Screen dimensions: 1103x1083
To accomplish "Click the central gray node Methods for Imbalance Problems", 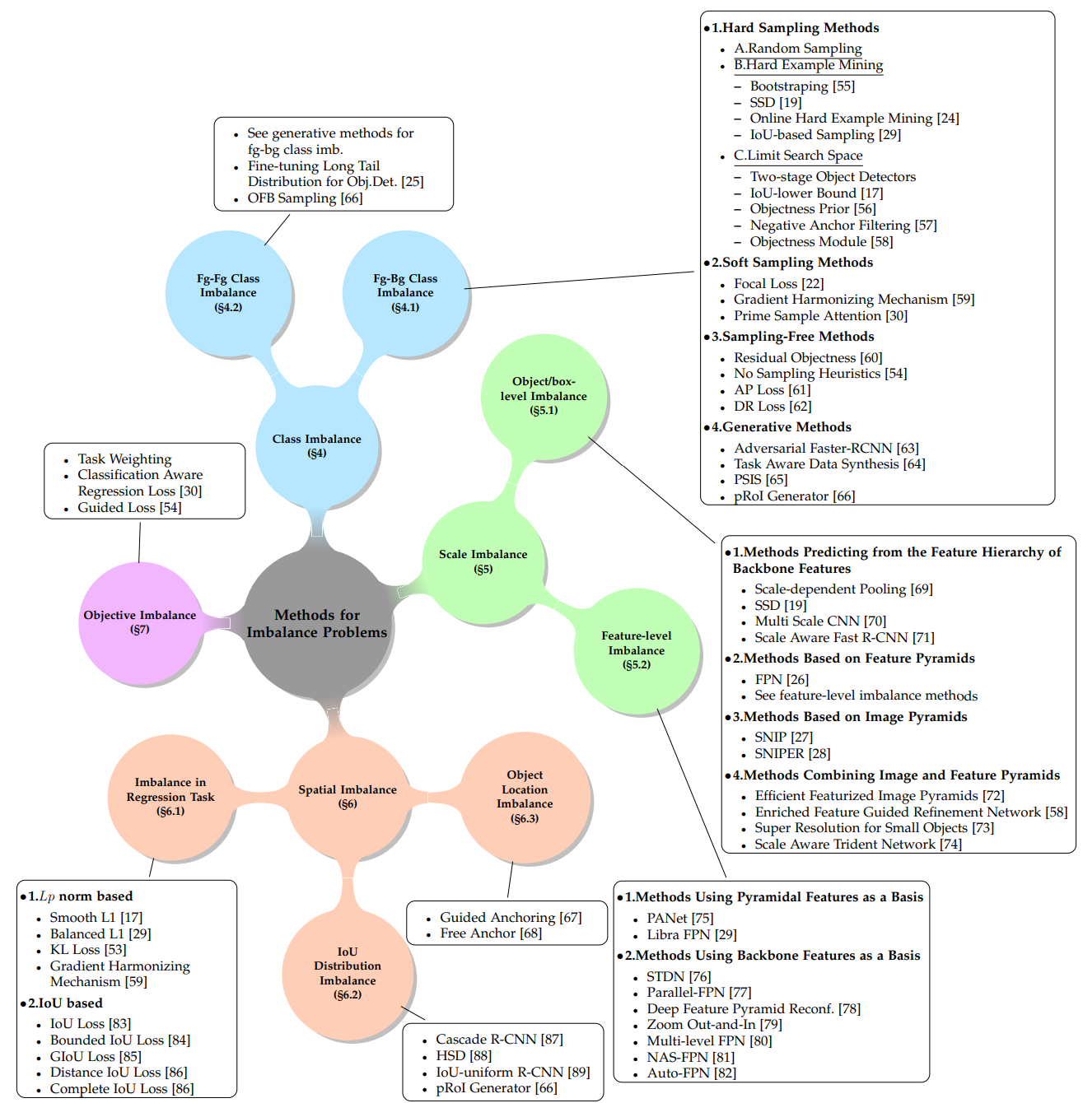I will click(317, 623).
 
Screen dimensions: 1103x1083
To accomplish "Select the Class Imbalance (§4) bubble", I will click(317, 445).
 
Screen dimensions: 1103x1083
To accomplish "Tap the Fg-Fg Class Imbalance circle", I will click(228, 292).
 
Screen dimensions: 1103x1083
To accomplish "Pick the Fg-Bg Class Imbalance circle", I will click(405, 292).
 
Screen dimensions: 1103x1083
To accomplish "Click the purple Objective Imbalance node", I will click(140, 622).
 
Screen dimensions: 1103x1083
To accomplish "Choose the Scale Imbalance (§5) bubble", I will click(483, 561).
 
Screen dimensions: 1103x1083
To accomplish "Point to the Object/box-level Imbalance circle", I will click(544, 396).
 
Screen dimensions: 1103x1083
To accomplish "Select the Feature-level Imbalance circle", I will click(637, 650).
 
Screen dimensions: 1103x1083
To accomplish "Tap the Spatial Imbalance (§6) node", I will click(348, 796).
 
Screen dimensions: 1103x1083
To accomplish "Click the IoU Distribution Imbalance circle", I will click(348, 973).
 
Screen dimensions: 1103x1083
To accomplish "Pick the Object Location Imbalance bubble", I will click(525, 796).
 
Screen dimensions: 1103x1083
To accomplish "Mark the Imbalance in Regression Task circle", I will click(170, 796).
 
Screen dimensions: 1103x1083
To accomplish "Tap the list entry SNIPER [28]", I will click(792, 753).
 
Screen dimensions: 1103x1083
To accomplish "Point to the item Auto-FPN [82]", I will click(691, 1073).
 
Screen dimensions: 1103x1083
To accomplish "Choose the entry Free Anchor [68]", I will click(491, 933).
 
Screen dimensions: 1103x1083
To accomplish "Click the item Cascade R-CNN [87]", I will click(499, 1039).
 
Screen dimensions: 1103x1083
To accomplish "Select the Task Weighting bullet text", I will click(124, 458).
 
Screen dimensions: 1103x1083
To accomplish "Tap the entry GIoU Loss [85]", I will click(96, 1056).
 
